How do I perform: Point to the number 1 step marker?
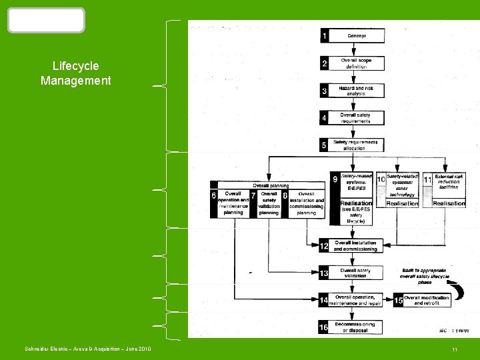click(x=325, y=35)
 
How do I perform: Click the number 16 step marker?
click(x=323, y=327)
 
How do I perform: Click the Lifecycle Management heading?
click(x=75, y=73)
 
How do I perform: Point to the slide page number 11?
click(x=454, y=350)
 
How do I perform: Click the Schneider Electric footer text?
click(x=88, y=349)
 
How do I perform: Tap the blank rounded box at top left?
click(x=46, y=21)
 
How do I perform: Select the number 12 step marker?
click(x=323, y=247)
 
